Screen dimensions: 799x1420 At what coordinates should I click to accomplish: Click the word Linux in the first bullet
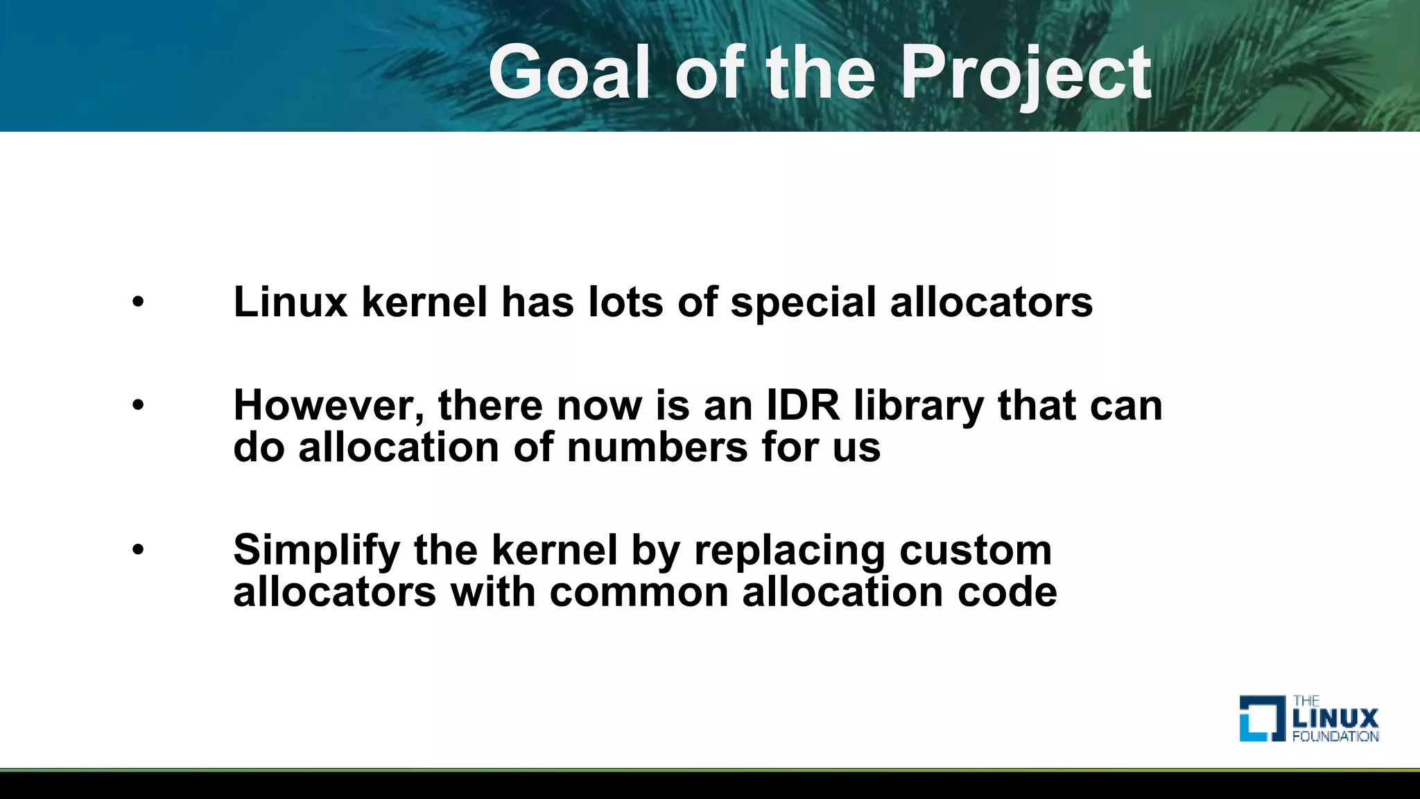coord(290,302)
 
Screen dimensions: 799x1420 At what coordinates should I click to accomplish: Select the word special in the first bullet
coord(803,304)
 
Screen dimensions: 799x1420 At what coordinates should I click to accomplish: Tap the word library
coord(918,406)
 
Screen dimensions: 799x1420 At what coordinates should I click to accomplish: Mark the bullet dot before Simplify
coord(138,549)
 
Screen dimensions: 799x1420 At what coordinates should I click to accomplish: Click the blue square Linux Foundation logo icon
coord(1261,718)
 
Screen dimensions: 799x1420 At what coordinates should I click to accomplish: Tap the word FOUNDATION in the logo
coord(1335,736)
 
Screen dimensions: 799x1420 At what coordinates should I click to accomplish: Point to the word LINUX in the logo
coord(1335,718)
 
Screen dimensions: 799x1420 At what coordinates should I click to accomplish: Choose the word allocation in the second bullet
coord(399,447)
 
